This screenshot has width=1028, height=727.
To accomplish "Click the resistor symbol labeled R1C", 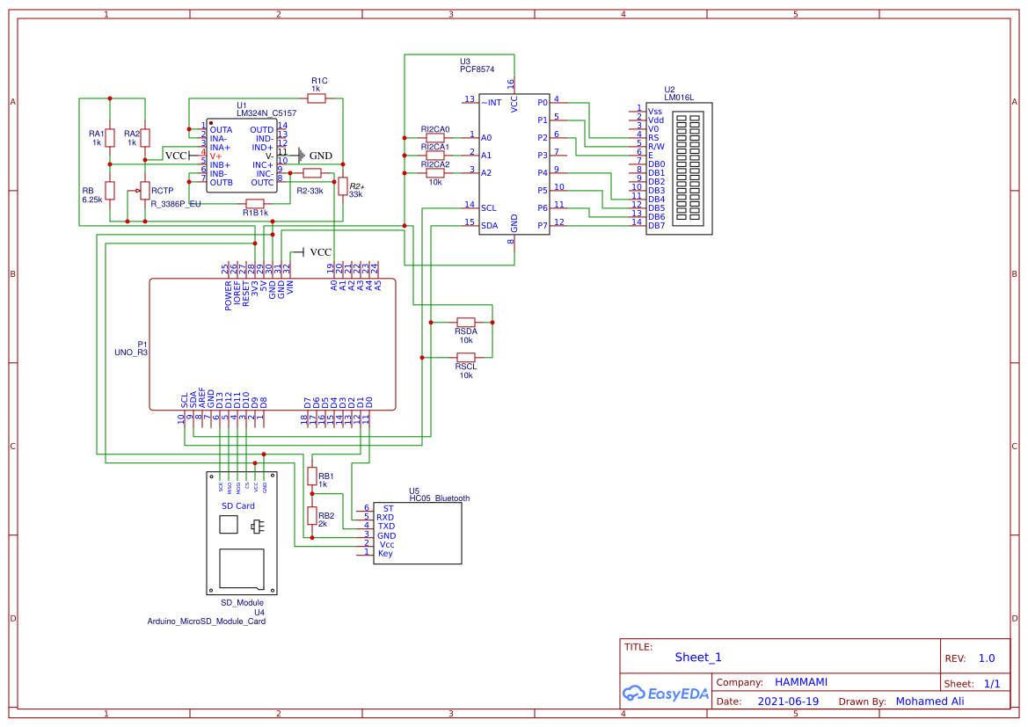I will click(x=317, y=98).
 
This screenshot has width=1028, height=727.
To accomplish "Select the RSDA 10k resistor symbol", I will click(x=465, y=322).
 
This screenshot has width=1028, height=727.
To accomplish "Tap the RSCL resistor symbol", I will click(x=465, y=357).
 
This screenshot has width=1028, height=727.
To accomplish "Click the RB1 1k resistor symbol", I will click(x=311, y=476).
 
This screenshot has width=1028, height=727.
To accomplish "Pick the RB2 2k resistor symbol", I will click(x=311, y=516).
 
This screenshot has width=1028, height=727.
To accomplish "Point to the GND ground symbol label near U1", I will click(x=320, y=156).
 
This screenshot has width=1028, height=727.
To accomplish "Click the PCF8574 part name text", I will click(x=477, y=69).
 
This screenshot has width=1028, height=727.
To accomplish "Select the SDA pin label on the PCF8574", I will click(x=489, y=225).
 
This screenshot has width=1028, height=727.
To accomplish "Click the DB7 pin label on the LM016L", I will click(x=656, y=226).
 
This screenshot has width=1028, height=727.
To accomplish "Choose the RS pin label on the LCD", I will click(x=653, y=138).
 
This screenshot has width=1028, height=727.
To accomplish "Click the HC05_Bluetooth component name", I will click(x=439, y=498).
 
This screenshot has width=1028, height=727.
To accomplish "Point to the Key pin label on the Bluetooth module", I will click(x=385, y=553).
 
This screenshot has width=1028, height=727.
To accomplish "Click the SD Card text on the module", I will click(x=237, y=506).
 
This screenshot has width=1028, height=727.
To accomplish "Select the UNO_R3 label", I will click(x=131, y=352).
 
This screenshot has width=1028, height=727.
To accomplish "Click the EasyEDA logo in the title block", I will click(x=665, y=694).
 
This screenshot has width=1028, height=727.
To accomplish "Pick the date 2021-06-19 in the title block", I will click(x=788, y=702).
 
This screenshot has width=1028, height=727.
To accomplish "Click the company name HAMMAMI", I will click(x=800, y=682).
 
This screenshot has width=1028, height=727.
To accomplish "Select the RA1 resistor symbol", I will click(x=110, y=138).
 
